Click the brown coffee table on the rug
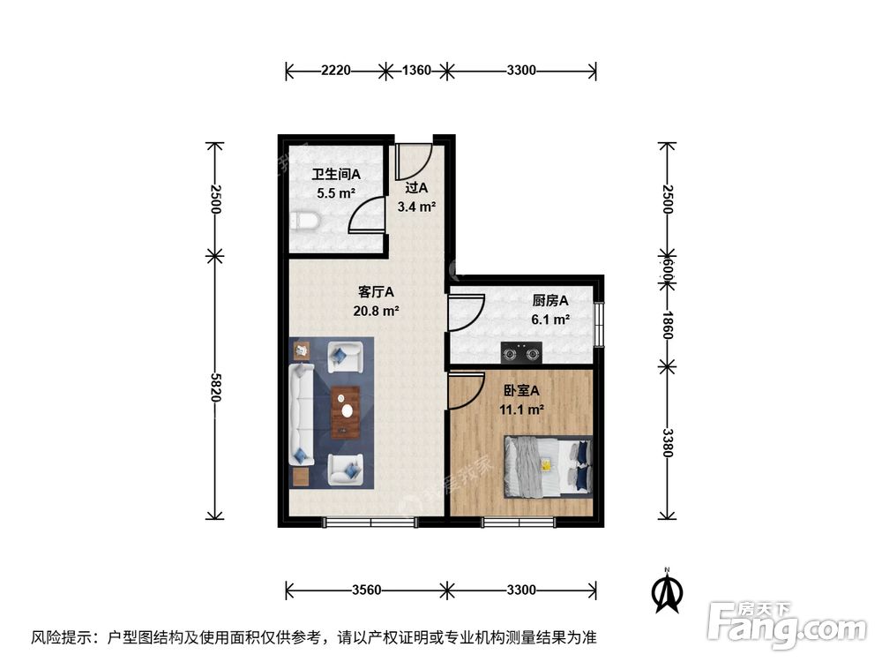346,411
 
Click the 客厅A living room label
376,291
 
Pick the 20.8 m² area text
377,311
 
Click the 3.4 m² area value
417,207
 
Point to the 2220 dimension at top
336,71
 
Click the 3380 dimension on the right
668,441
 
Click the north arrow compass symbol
669,591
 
